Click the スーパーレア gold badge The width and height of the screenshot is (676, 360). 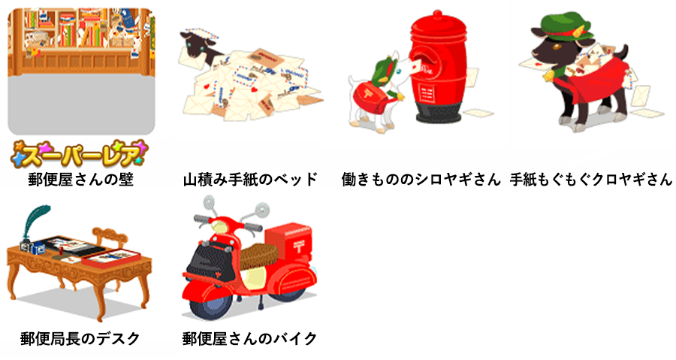click(80, 154)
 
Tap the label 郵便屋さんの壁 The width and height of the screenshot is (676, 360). click(81, 179)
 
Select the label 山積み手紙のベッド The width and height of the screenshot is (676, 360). click(250, 179)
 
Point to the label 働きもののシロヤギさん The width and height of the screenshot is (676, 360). click(421, 179)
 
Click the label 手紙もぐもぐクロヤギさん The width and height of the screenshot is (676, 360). click(591, 179)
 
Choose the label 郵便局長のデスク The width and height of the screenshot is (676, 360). click(80, 338)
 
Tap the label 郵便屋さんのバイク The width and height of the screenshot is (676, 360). click(249, 338)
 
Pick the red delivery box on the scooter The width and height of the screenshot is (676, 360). click(288, 241)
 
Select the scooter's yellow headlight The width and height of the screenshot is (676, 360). click(220, 227)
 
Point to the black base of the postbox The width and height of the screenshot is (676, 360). click(439, 113)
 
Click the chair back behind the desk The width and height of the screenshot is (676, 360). click(111, 239)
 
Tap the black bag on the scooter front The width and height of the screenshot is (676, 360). click(208, 261)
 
